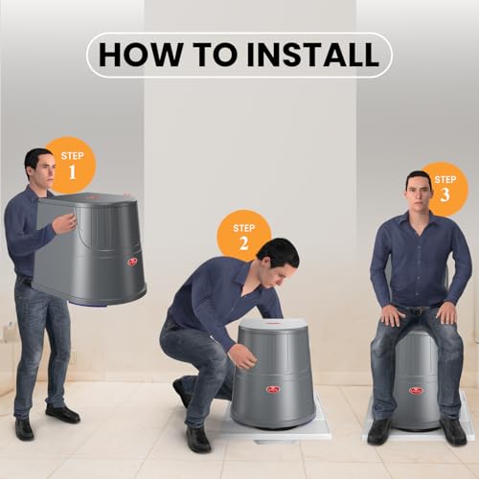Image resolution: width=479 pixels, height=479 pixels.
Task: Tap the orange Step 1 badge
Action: [x=70, y=165]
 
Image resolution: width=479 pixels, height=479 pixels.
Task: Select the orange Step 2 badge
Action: [x=243, y=235]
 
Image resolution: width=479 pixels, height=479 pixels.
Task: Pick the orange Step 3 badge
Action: [x=445, y=188]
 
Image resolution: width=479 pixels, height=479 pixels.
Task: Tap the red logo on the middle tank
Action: [x=273, y=388]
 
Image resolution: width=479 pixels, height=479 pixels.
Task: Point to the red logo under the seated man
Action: [x=416, y=390]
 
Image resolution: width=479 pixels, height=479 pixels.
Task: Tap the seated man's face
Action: [x=418, y=195]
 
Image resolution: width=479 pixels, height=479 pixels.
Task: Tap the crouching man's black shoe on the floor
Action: [x=198, y=439]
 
